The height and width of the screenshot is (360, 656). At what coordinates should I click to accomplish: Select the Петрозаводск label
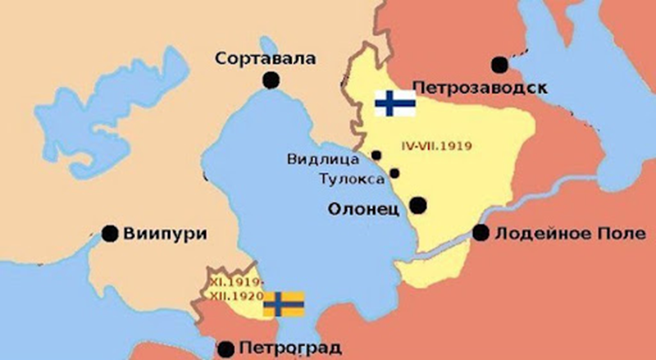point(481,86)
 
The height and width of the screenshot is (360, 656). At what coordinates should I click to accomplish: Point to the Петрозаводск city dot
point(498,64)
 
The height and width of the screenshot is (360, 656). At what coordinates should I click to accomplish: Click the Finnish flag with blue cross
point(394,103)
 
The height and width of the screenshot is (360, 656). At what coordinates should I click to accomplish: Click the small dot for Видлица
point(376,154)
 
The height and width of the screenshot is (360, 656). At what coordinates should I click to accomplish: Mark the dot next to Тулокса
point(394,173)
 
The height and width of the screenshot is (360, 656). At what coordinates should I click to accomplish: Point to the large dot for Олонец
point(418,205)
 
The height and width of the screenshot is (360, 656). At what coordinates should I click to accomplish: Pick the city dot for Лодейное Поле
point(481,233)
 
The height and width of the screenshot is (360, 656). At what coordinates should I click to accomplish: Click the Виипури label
point(164,233)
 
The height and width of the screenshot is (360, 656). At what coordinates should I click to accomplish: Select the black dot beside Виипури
point(109,233)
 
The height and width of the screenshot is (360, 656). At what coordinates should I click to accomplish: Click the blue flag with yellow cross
point(284,303)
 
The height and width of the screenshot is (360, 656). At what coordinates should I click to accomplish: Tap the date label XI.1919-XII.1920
point(233,287)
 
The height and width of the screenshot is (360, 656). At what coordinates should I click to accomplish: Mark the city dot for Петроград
point(227,349)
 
